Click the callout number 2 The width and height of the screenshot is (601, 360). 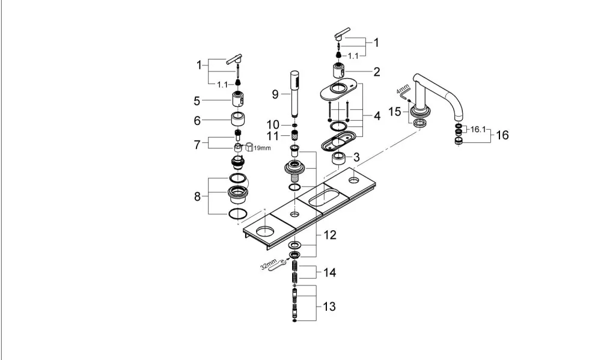[377, 72]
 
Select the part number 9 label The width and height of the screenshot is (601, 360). [275, 94]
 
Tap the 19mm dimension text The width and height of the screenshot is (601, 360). [262, 148]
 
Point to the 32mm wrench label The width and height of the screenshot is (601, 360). [268, 264]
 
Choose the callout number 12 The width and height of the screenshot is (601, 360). [329, 234]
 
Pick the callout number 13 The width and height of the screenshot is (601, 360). [329, 307]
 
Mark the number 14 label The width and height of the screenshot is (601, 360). [329, 273]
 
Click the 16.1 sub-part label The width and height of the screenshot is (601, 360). [478, 130]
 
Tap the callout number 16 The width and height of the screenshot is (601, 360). [502, 135]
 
